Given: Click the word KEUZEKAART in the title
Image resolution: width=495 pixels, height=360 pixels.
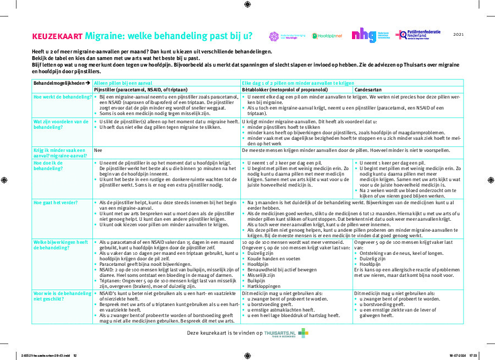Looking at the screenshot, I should click(57, 36).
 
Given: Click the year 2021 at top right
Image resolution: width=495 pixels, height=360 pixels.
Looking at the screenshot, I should click(459, 35).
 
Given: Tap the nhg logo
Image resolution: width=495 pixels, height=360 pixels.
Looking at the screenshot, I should click(364, 35).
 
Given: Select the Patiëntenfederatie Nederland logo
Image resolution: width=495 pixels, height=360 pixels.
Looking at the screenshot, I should click(420, 35).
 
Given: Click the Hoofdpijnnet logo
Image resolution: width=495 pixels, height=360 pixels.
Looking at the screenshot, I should click(327, 36).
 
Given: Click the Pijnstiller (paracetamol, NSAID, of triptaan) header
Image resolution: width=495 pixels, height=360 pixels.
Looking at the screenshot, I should click(141, 89).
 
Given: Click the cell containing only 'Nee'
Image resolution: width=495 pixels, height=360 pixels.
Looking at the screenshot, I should click(98, 150).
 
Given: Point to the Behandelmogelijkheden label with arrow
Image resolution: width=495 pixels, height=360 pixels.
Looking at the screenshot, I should click(62, 83).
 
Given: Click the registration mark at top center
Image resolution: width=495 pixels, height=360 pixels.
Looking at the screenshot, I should click(247, 5).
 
